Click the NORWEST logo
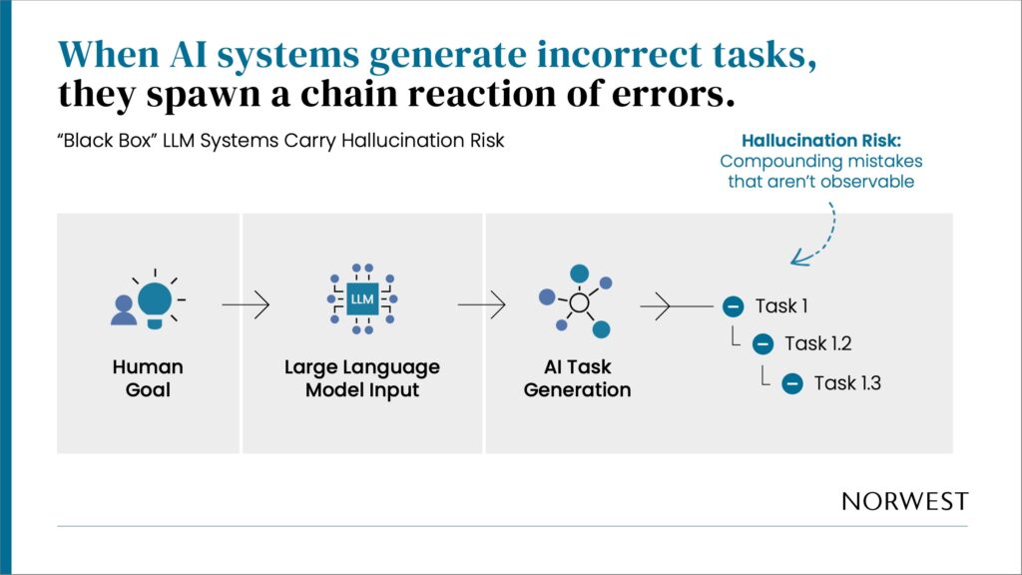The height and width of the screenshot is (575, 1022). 904,501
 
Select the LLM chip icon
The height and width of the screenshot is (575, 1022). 361,298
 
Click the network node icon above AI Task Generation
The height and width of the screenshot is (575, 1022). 576,298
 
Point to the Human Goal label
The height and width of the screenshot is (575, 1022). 148,378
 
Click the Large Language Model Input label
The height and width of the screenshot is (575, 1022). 361,378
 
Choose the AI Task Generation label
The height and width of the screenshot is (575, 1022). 577,378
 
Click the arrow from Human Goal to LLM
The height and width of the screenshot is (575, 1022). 246,305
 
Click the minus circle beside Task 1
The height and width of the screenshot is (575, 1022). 733,306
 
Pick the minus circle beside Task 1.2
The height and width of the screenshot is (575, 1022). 763,344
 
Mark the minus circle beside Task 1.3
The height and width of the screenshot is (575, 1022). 792,382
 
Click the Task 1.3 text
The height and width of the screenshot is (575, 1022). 847,382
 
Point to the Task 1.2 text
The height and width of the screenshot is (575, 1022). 818,344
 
